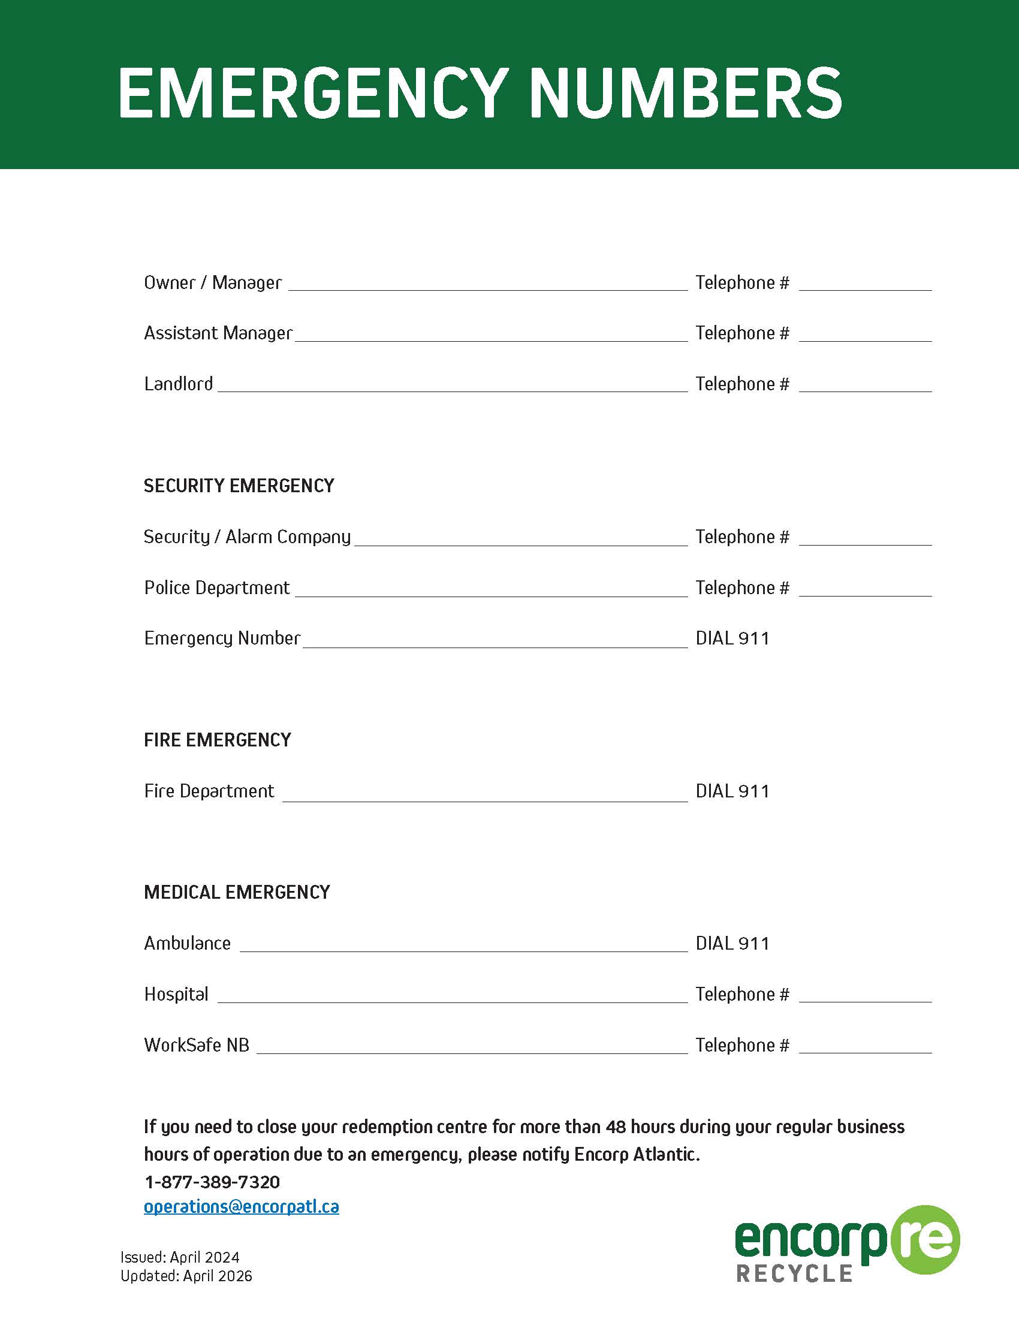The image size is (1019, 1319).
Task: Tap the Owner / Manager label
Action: [x=213, y=282]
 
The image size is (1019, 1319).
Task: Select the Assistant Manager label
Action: [x=218, y=333]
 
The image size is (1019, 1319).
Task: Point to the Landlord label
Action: [x=178, y=384]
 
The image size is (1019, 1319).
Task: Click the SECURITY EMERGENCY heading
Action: [x=239, y=486]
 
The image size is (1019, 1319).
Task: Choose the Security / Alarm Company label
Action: [x=247, y=537]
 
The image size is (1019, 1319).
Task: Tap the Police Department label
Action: [x=217, y=588]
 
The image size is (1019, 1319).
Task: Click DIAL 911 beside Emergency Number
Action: [x=732, y=639]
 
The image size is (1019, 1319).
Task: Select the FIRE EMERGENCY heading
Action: [x=218, y=740]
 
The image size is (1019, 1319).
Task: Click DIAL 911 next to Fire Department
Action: [x=732, y=791]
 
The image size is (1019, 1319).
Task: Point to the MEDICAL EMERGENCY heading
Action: [x=237, y=892]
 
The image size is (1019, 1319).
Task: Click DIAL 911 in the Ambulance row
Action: [x=732, y=943]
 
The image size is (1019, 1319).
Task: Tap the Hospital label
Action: [x=176, y=994]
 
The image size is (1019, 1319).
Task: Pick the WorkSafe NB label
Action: [x=196, y=1045]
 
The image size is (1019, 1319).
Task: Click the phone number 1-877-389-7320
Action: [x=212, y=1182]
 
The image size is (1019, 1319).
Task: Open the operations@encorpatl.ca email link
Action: [x=241, y=1207]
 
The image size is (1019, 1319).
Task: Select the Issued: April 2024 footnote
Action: [x=180, y=1257]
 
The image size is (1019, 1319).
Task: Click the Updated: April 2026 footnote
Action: [x=186, y=1275]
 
